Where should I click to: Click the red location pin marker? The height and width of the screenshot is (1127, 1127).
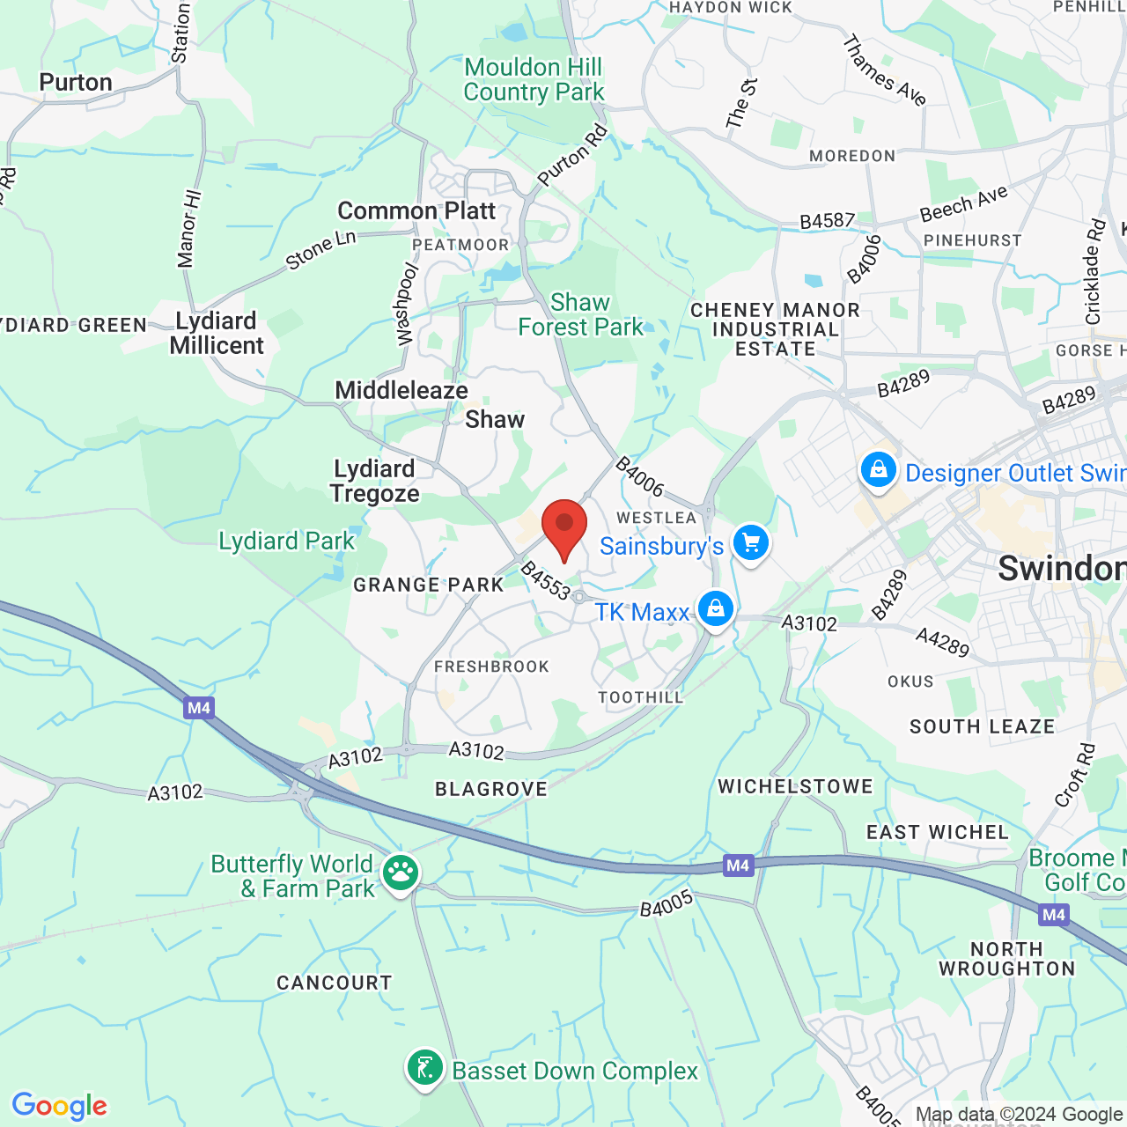(x=564, y=526)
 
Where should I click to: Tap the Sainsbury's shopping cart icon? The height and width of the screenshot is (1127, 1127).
(x=751, y=542)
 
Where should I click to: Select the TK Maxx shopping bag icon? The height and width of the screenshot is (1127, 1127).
(x=716, y=608)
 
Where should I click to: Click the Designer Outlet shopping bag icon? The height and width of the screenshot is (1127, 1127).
(x=879, y=470)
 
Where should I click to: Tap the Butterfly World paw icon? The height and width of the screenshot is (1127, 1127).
(x=401, y=873)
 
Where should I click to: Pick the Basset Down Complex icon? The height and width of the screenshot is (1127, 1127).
(x=425, y=1068)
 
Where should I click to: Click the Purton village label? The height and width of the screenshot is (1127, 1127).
(x=76, y=82)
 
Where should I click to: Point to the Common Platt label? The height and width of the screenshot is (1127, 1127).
(x=416, y=211)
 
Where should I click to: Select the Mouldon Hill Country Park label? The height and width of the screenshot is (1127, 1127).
(x=534, y=79)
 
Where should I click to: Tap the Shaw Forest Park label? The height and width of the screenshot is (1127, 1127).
(x=580, y=314)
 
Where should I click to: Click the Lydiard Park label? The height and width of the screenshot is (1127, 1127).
(x=286, y=541)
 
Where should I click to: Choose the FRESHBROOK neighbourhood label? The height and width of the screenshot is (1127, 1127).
(x=491, y=667)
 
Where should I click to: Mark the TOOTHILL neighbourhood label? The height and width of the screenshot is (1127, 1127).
(x=641, y=697)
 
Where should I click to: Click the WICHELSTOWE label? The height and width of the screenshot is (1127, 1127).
(x=795, y=786)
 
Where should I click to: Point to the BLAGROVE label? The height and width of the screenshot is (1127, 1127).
(x=491, y=789)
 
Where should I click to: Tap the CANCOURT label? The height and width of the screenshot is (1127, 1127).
(x=334, y=983)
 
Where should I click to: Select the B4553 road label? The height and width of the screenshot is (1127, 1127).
(x=546, y=581)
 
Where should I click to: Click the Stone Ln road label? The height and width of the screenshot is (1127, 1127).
(x=320, y=250)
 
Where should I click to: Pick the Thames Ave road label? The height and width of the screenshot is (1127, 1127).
(x=884, y=70)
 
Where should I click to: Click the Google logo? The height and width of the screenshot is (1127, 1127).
(x=60, y=1106)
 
